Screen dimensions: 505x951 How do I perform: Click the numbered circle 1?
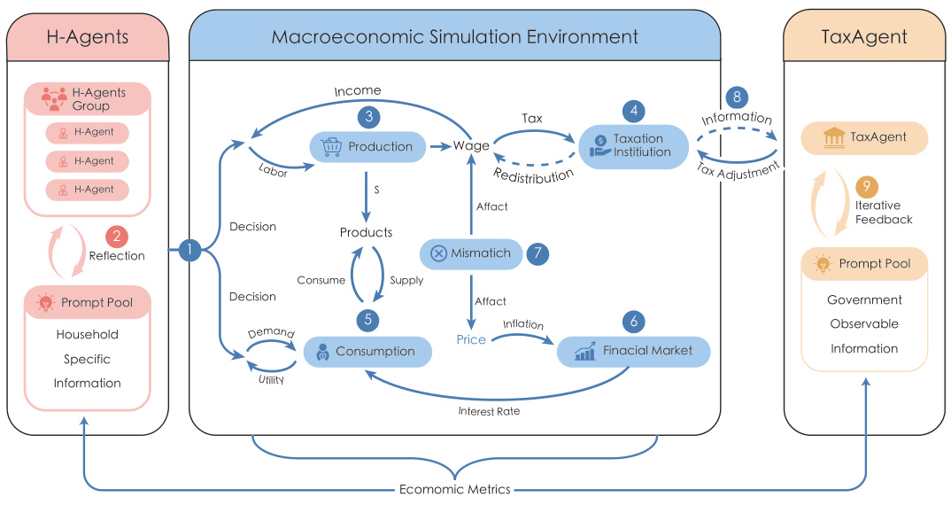pos(189,252)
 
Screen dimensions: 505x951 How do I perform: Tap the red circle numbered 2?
pos(116,237)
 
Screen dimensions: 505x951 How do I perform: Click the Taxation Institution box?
pos(633,145)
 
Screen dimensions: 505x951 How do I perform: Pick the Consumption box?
pos(367,352)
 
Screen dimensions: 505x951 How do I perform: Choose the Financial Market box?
pos(634,351)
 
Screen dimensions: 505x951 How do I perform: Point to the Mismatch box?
pos(471,253)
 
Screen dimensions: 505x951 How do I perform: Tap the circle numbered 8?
pos(737,97)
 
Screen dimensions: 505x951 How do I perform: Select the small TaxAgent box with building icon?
pos(864,138)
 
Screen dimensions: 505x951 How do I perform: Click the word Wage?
pos(470,146)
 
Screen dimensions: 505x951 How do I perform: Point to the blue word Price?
pos(471,339)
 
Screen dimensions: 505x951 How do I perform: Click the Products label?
pos(366,232)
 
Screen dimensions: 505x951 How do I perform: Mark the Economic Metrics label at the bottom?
pos(455,489)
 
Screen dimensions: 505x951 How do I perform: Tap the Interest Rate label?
pos(489,411)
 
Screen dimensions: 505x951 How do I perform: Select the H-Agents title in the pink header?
pos(88,36)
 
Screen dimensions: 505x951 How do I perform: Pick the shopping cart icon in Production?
pos(331,147)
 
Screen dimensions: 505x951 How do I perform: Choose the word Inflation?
pos(523,324)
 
